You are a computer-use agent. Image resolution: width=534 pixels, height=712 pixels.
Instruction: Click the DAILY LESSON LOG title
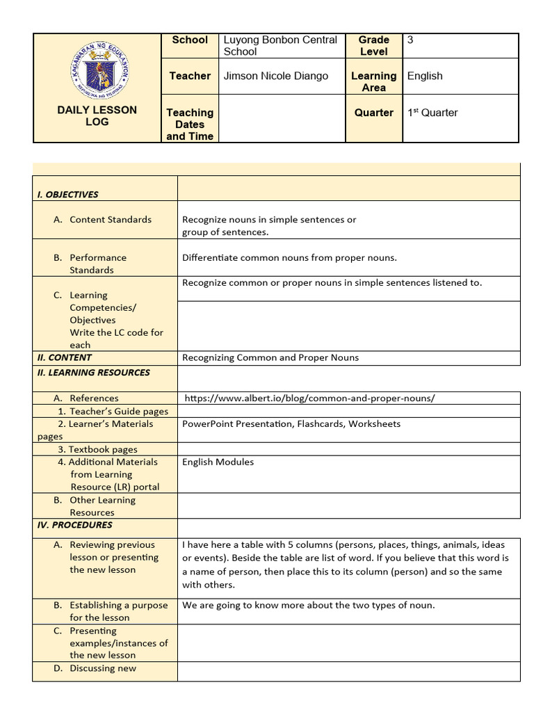97,115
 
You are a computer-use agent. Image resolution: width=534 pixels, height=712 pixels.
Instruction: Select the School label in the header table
190,40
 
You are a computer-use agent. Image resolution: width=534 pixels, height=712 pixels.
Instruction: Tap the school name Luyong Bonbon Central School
280,46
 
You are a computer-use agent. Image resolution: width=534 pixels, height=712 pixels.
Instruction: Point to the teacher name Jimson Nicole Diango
275,76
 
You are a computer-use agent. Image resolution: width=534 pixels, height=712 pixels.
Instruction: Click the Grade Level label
374,46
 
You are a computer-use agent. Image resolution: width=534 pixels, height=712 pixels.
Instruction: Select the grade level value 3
410,40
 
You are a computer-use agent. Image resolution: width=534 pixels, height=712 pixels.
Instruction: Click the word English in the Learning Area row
425,76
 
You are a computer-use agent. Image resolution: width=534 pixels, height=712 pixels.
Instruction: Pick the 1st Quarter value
432,113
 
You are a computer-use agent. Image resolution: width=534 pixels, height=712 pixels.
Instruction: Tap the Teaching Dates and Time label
190,124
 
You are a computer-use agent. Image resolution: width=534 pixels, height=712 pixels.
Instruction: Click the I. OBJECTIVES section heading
68,195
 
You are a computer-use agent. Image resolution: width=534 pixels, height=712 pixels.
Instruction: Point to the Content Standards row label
110,220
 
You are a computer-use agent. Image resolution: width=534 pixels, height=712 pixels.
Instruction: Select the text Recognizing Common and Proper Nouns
270,358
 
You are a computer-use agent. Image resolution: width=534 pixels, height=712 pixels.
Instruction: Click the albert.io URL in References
310,398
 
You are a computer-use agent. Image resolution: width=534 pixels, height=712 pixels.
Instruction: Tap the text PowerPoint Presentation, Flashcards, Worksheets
291,424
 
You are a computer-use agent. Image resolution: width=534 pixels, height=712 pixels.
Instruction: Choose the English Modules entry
218,462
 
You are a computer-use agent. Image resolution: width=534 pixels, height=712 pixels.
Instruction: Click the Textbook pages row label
97,450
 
